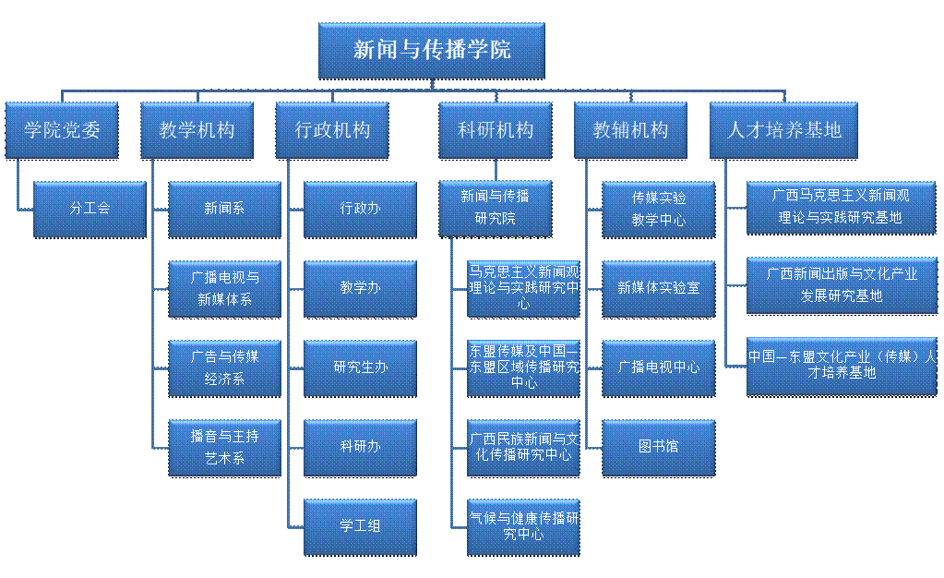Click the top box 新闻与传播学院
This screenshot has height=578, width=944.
(431, 50)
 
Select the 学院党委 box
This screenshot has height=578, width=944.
(62, 130)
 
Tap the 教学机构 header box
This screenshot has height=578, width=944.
(197, 130)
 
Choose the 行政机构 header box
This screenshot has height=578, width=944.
(332, 130)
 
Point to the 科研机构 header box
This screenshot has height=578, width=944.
(496, 130)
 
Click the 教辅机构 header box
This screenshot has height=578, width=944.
(631, 130)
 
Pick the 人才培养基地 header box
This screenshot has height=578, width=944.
(783, 130)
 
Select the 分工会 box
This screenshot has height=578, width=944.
(90, 209)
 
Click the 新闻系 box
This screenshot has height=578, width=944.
(224, 209)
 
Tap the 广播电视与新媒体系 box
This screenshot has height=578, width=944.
(224, 288)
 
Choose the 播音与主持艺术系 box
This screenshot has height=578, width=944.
(224, 447)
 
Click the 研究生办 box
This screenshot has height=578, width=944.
(360, 367)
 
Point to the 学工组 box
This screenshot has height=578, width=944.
(360, 526)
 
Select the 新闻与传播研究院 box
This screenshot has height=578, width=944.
(496, 209)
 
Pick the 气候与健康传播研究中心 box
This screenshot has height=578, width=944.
(523, 526)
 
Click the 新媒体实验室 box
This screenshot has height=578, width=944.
(659, 288)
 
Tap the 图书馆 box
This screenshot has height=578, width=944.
(659, 447)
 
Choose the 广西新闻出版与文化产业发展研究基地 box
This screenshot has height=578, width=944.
(841, 285)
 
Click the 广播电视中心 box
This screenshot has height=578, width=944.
(659, 367)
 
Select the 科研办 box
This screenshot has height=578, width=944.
(360, 447)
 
